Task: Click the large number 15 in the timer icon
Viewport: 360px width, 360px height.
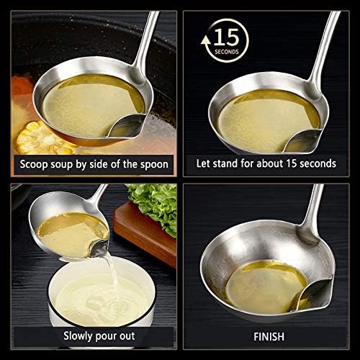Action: tap(226, 37)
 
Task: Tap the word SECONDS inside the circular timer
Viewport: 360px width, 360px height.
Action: tap(227, 52)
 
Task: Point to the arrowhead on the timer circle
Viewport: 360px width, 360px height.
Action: tap(205, 40)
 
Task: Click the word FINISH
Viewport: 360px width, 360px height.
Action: tap(269, 336)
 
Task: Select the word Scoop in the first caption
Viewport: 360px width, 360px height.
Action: tap(34, 165)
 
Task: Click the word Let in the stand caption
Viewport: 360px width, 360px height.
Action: tap(203, 163)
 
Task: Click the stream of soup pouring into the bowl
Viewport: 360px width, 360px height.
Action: tap(112, 271)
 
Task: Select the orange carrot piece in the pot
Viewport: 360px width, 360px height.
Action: tap(22, 85)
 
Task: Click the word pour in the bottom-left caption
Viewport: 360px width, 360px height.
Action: tap(106, 337)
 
